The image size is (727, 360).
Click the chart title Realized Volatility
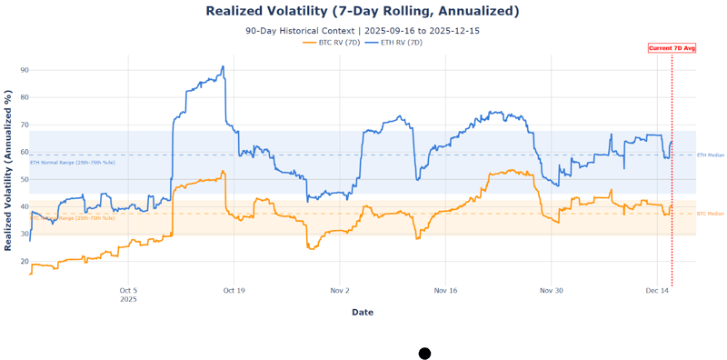pos(363,11)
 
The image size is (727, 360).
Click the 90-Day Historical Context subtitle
pos(363,31)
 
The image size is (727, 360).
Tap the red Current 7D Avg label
pos(672,47)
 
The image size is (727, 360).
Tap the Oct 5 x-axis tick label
pos(128,291)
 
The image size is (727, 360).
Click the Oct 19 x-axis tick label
pos(234,291)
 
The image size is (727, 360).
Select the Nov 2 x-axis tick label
pos(340,291)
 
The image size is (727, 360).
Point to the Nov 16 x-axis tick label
pos(445,291)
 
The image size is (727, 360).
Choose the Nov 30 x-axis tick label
pos(552,291)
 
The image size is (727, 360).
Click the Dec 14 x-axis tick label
pos(657,291)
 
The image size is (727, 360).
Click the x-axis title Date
pos(363,312)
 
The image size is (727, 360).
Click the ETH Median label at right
pos(710,155)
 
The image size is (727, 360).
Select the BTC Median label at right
pos(710,214)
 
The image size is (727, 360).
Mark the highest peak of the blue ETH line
pos(223,66)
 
